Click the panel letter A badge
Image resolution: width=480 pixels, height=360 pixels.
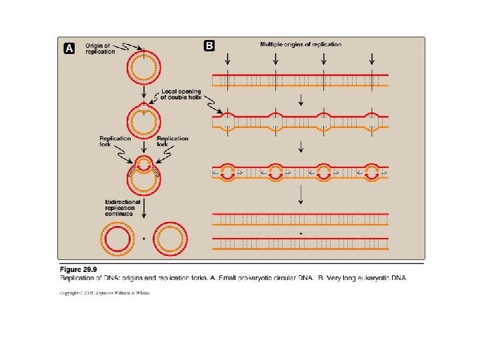(68, 48)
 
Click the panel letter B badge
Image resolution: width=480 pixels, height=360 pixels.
(209, 46)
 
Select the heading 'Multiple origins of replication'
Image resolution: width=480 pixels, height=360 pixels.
(301, 45)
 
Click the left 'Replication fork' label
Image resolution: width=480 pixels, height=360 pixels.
(115, 141)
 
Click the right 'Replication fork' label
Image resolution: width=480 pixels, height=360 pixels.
(172, 141)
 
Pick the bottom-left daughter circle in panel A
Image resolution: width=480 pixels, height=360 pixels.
(117, 237)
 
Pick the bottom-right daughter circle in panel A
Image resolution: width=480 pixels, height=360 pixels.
(171, 237)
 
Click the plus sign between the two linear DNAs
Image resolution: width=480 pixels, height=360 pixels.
(301, 234)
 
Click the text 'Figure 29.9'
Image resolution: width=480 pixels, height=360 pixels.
(78, 269)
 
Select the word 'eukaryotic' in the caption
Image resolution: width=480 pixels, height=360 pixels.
(366, 278)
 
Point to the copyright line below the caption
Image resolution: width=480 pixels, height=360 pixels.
(105, 293)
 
